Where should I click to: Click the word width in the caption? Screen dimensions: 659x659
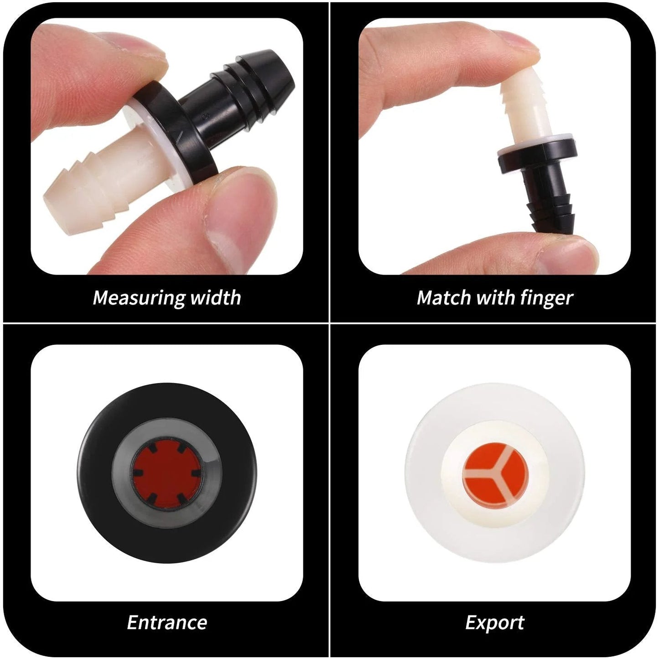(215, 297)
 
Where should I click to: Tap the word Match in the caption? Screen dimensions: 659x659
(443, 297)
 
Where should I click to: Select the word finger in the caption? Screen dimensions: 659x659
(546, 298)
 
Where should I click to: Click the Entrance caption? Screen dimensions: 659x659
(167, 622)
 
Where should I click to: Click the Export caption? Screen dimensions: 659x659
(495, 623)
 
